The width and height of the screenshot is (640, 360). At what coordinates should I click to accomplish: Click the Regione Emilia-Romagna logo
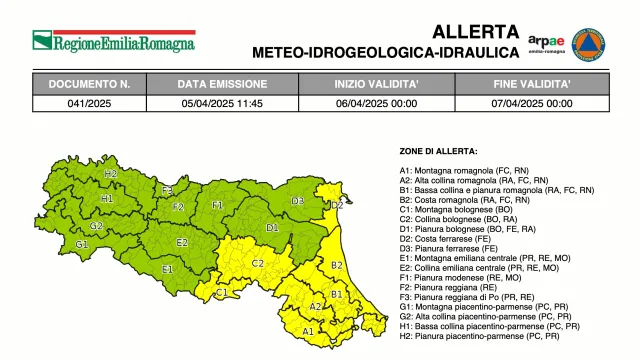click(x=113, y=42)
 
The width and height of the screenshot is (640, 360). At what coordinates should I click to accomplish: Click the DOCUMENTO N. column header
click(x=90, y=84)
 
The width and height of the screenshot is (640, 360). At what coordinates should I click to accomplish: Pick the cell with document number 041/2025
click(x=90, y=102)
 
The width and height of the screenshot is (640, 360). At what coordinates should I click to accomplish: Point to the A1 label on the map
click(x=308, y=330)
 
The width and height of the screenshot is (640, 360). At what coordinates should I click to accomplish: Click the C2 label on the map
click(x=257, y=263)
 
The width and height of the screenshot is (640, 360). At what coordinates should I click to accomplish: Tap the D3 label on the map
click(x=298, y=201)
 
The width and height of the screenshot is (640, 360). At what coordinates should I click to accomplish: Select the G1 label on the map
click(x=82, y=244)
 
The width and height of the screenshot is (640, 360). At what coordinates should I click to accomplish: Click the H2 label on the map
click(x=111, y=174)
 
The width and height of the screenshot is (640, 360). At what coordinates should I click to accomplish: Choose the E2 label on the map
click(x=182, y=242)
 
